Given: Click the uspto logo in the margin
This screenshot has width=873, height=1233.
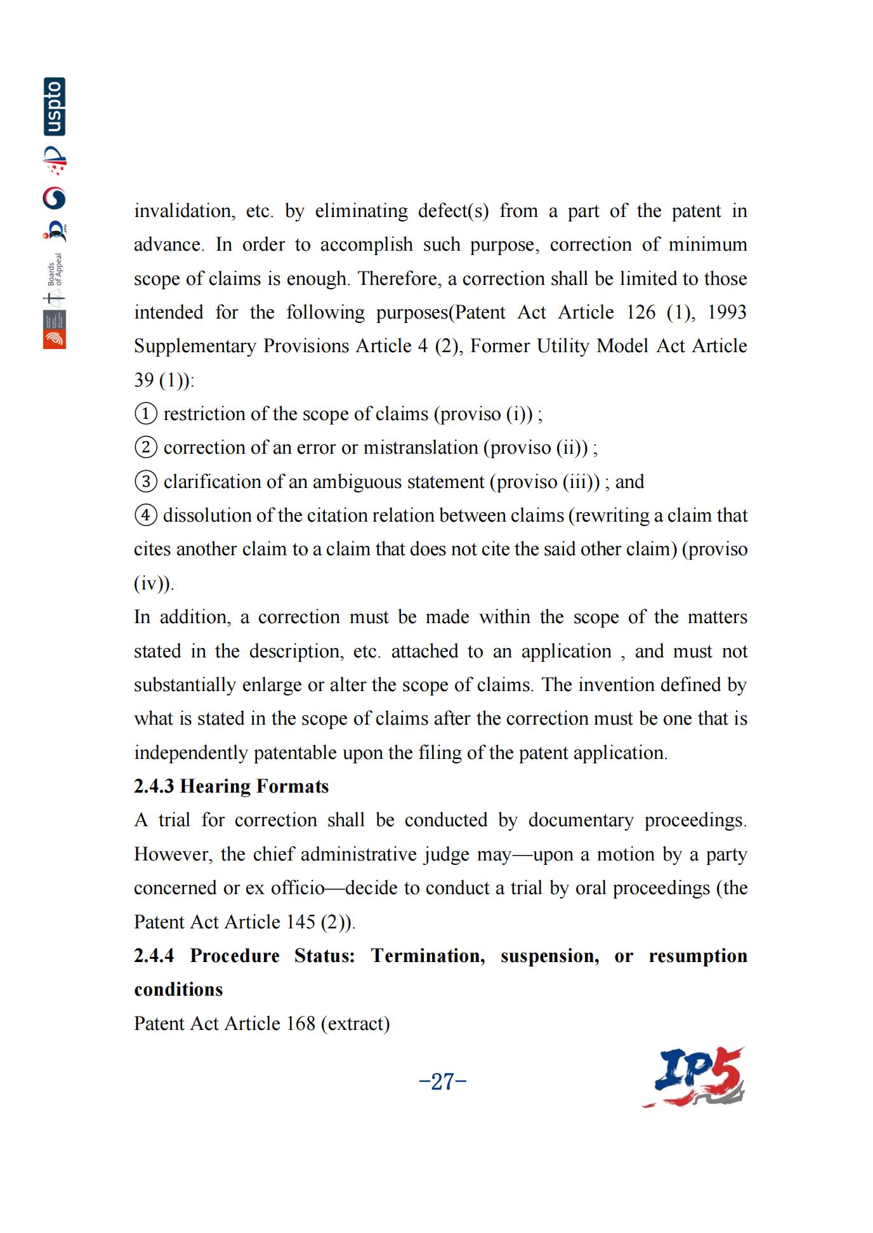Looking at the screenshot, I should tap(55, 107).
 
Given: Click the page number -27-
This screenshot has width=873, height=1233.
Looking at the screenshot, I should tap(443, 1081).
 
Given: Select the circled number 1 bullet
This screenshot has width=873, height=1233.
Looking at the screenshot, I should tap(145, 414).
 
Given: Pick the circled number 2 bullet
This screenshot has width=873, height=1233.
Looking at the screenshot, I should tap(145, 447).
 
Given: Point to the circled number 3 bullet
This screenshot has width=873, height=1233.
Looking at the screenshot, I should tap(145, 482).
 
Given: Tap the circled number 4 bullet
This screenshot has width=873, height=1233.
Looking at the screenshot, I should tap(145, 515).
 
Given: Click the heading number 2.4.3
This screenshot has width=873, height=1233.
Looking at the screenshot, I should tap(154, 786).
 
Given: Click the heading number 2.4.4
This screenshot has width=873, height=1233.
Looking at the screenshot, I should tap(154, 956).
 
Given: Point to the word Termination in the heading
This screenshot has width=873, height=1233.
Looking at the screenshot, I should tap(428, 956).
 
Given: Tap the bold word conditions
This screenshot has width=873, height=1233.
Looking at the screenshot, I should tap(178, 989).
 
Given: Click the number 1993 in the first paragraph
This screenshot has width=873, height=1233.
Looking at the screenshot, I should tap(726, 312).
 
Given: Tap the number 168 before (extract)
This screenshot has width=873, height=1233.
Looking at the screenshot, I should tap(301, 1024).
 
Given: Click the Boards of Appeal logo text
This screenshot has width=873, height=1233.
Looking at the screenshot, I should tap(55, 269).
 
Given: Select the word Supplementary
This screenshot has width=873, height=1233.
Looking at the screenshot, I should tap(195, 346).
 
